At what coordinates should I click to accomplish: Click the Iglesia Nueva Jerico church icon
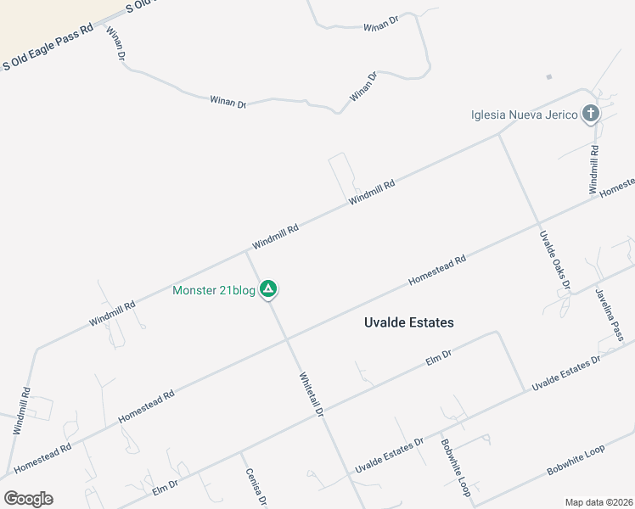pos(591,115)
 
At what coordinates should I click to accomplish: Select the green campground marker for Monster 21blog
pos(268,290)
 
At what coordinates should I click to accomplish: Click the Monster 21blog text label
pos(214,290)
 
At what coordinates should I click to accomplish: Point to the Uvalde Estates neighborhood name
pos(408,322)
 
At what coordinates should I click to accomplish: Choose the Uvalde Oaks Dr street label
pos(554,258)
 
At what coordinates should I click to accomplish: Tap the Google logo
pos(28,498)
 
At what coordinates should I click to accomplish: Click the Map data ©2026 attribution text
pos(598,501)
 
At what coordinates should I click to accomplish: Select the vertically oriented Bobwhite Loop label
pos(454,467)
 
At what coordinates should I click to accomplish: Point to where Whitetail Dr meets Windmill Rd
pos(247,251)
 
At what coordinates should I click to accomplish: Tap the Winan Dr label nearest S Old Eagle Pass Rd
pos(115,43)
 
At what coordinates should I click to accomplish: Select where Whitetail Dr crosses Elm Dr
pos(324,412)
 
